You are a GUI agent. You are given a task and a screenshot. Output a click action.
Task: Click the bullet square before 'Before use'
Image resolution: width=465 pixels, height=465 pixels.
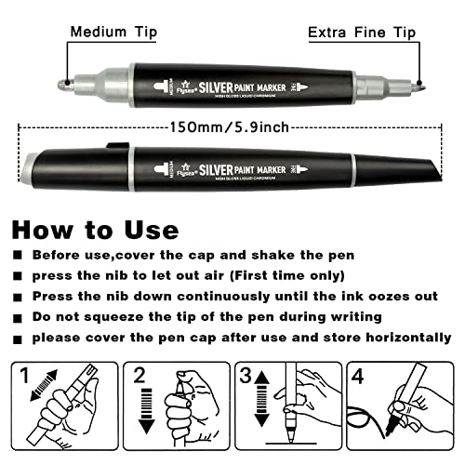click(x=19, y=255)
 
